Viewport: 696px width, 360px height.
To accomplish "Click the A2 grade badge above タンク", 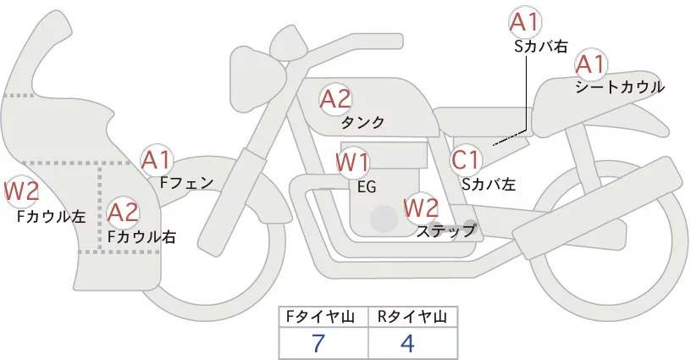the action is point(335,99).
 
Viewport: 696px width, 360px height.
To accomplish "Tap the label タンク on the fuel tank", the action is point(363,123).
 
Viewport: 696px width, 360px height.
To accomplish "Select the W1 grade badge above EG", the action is point(352,162).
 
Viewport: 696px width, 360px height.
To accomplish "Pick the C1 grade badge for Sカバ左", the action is point(466,159).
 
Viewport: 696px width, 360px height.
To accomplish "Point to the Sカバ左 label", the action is point(489,182).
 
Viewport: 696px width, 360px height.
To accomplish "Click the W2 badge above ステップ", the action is point(421,207).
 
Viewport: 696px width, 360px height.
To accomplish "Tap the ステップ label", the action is point(445,230).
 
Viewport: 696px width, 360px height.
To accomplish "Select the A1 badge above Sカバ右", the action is point(525,23).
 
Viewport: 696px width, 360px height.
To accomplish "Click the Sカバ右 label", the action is point(540,47).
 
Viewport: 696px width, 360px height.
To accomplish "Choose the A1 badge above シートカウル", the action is point(590,64).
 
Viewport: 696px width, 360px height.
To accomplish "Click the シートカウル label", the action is point(619,87).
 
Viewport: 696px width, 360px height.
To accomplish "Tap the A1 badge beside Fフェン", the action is point(157,159).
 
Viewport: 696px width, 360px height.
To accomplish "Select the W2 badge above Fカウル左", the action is point(21,191).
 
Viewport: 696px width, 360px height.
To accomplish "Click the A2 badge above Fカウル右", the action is point(124,212).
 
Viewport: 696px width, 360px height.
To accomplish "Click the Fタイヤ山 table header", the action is point(323,317).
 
